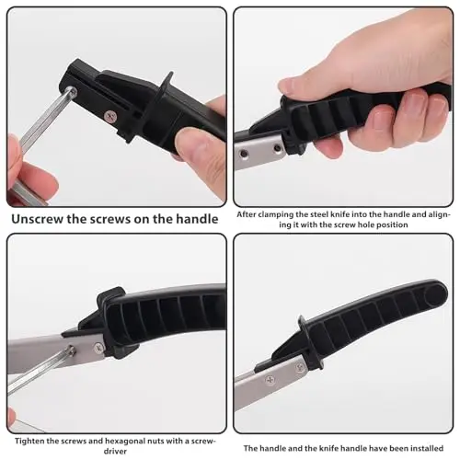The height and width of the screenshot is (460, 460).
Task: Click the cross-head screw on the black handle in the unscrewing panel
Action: tap(110, 116)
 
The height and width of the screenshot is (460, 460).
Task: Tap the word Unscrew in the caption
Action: tap(37, 219)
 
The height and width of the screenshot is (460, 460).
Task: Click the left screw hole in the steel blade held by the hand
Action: tap(244, 154)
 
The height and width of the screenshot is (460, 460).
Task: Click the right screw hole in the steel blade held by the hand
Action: tap(278, 148)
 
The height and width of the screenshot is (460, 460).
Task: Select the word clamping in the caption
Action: tap(272, 215)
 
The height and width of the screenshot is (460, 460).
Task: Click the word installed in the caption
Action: tap(427, 448)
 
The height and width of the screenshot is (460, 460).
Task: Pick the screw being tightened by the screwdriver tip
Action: tap(71, 351)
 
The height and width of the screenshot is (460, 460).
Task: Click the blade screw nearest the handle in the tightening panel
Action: tap(98, 348)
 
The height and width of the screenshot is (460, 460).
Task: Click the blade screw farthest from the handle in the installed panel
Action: tap(270, 380)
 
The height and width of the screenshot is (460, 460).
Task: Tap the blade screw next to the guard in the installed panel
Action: tap(300, 367)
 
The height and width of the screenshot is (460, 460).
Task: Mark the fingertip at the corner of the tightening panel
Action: tap(11, 417)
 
